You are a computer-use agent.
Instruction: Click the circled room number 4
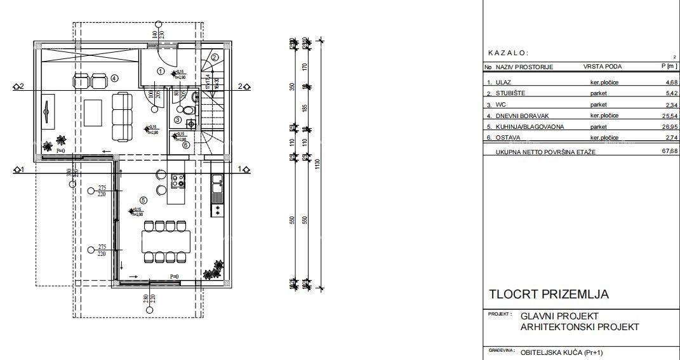[x=114, y=78]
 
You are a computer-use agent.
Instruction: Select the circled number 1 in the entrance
[x=161, y=72]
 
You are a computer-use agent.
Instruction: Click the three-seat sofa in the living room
[x=121, y=117]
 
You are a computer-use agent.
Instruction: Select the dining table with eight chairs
[x=167, y=241]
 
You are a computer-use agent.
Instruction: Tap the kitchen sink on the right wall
[x=217, y=183]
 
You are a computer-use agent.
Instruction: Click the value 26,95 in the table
[x=669, y=126]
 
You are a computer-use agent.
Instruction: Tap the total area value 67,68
[x=669, y=151]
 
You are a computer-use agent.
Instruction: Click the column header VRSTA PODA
[x=602, y=67]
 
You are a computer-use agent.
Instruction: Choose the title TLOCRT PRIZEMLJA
[x=549, y=295]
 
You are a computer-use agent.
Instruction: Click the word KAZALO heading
[x=508, y=53]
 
